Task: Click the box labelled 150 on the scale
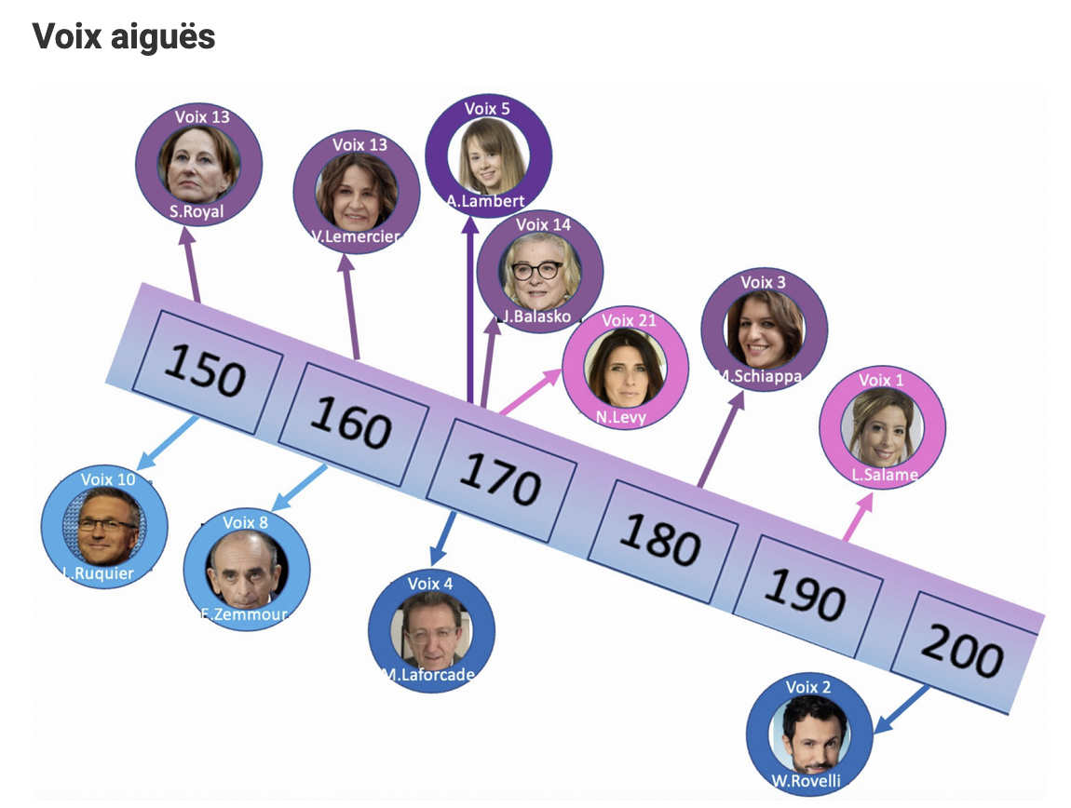[x=204, y=373]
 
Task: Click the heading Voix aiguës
[x=124, y=36]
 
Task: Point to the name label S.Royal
[x=197, y=210]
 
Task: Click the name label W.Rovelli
[x=807, y=780]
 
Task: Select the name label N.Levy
[x=621, y=417]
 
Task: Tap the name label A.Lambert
[x=486, y=200]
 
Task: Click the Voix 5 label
[x=487, y=109]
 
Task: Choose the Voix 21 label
[x=629, y=320]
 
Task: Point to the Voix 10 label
[x=108, y=478]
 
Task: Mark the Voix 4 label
[x=430, y=584]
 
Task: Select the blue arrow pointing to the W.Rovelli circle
[x=902, y=708]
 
